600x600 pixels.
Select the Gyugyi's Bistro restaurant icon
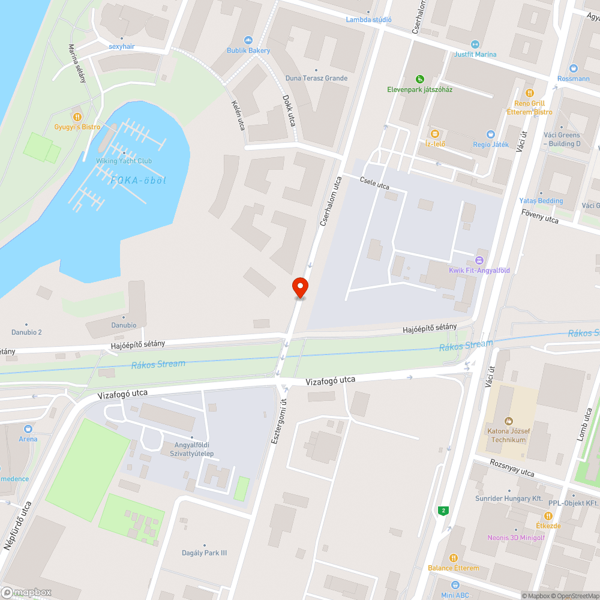pyautogui.click(x=77, y=116)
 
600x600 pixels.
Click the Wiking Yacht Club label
pyautogui.click(x=124, y=161)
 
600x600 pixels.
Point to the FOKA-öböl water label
pyautogui.click(x=139, y=179)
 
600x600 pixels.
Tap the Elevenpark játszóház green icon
pyautogui.click(x=420, y=79)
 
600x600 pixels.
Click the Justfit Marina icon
pyautogui.click(x=475, y=44)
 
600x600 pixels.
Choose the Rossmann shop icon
pyautogui.click(x=573, y=68)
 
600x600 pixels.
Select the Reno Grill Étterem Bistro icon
pyautogui.click(x=530, y=93)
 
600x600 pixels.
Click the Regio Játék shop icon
pyautogui.click(x=490, y=134)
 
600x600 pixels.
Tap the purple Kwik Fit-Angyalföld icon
pyautogui.click(x=479, y=260)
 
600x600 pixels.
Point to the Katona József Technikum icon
pyautogui.click(x=509, y=421)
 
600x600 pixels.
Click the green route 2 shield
pyautogui.click(x=443, y=511)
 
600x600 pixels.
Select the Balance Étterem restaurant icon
pyautogui.click(x=453, y=557)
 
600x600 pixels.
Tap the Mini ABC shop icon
pyautogui.click(x=455, y=584)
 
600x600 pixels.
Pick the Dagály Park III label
pyautogui.click(x=205, y=553)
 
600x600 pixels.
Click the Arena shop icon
pyautogui.click(x=28, y=429)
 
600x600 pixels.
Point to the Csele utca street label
pyautogui.click(x=374, y=184)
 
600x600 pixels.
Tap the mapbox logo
pyautogui.click(x=26, y=592)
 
